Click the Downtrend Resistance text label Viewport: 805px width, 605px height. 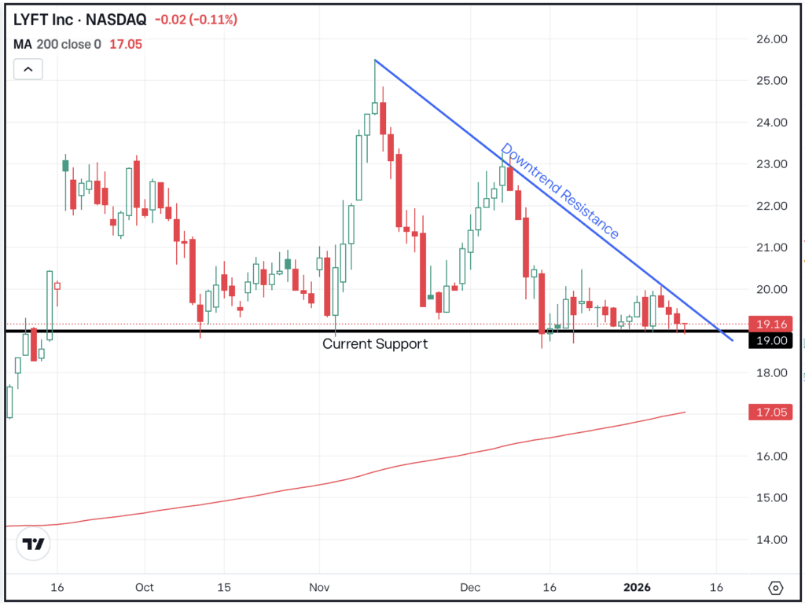(560, 191)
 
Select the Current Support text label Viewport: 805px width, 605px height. (375, 343)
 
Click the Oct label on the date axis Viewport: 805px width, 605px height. (145, 587)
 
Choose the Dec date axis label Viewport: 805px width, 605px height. (470, 587)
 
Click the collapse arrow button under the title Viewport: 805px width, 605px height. (28, 69)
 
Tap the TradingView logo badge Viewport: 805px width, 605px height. (33, 543)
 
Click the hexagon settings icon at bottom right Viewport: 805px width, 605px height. (776, 588)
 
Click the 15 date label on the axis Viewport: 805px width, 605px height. (223, 587)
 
